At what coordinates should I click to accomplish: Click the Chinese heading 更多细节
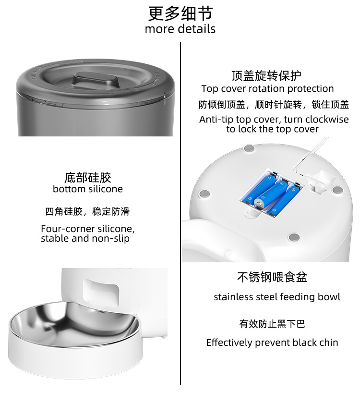click(180, 13)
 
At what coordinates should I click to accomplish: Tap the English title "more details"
click(180, 29)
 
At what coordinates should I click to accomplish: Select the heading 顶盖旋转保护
click(266, 75)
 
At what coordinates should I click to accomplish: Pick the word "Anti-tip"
click(216, 120)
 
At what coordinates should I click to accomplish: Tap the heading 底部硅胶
click(88, 178)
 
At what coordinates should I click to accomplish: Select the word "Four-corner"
click(68, 229)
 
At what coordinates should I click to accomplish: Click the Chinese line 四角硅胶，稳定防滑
click(87, 211)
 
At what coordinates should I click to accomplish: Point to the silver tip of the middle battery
click(259, 203)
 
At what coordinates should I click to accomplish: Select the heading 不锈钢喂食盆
click(272, 277)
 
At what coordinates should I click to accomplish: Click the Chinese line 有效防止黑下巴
click(272, 324)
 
